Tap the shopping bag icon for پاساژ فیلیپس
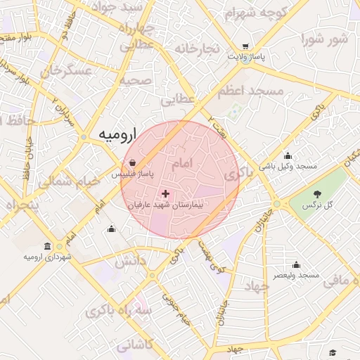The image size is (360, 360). pyautogui.click(x=133, y=162)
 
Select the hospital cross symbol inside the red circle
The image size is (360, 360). pyautogui.click(x=165, y=193)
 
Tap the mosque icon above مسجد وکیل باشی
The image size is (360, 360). pyautogui.click(x=287, y=156)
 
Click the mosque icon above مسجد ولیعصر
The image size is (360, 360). pyautogui.click(x=296, y=265)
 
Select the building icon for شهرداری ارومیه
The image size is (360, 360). pyautogui.click(x=47, y=246)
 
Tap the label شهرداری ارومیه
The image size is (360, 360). pyautogui.click(x=47, y=257)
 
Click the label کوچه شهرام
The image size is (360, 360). pyautogui.click(x=257, y=12)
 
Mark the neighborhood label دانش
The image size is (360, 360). pyautogui.click(x=129, y=262)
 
